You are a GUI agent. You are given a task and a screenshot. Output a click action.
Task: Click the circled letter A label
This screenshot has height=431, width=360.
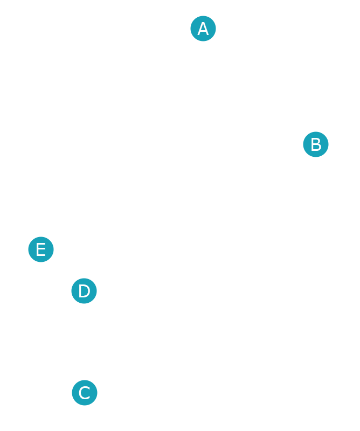click(203, 29)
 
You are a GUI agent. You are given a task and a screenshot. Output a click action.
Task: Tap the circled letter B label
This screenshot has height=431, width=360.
click(316, 144)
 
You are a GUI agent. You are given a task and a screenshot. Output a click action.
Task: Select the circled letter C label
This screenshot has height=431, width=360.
click(85, 393)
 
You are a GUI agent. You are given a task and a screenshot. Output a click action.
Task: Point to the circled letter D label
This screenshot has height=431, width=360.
click(84, 291)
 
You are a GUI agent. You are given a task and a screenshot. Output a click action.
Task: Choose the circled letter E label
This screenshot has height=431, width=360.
click(41, 249)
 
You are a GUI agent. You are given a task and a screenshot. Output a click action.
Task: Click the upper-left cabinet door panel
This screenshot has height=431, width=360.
click(167, 117)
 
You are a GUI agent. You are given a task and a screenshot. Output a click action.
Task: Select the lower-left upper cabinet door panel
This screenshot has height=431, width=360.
click(167, 175)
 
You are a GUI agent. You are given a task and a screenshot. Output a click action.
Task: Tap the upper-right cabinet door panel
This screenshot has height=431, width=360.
click(239, 116)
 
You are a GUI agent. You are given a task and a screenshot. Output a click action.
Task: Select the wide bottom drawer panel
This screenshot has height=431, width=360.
click(203, 390)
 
